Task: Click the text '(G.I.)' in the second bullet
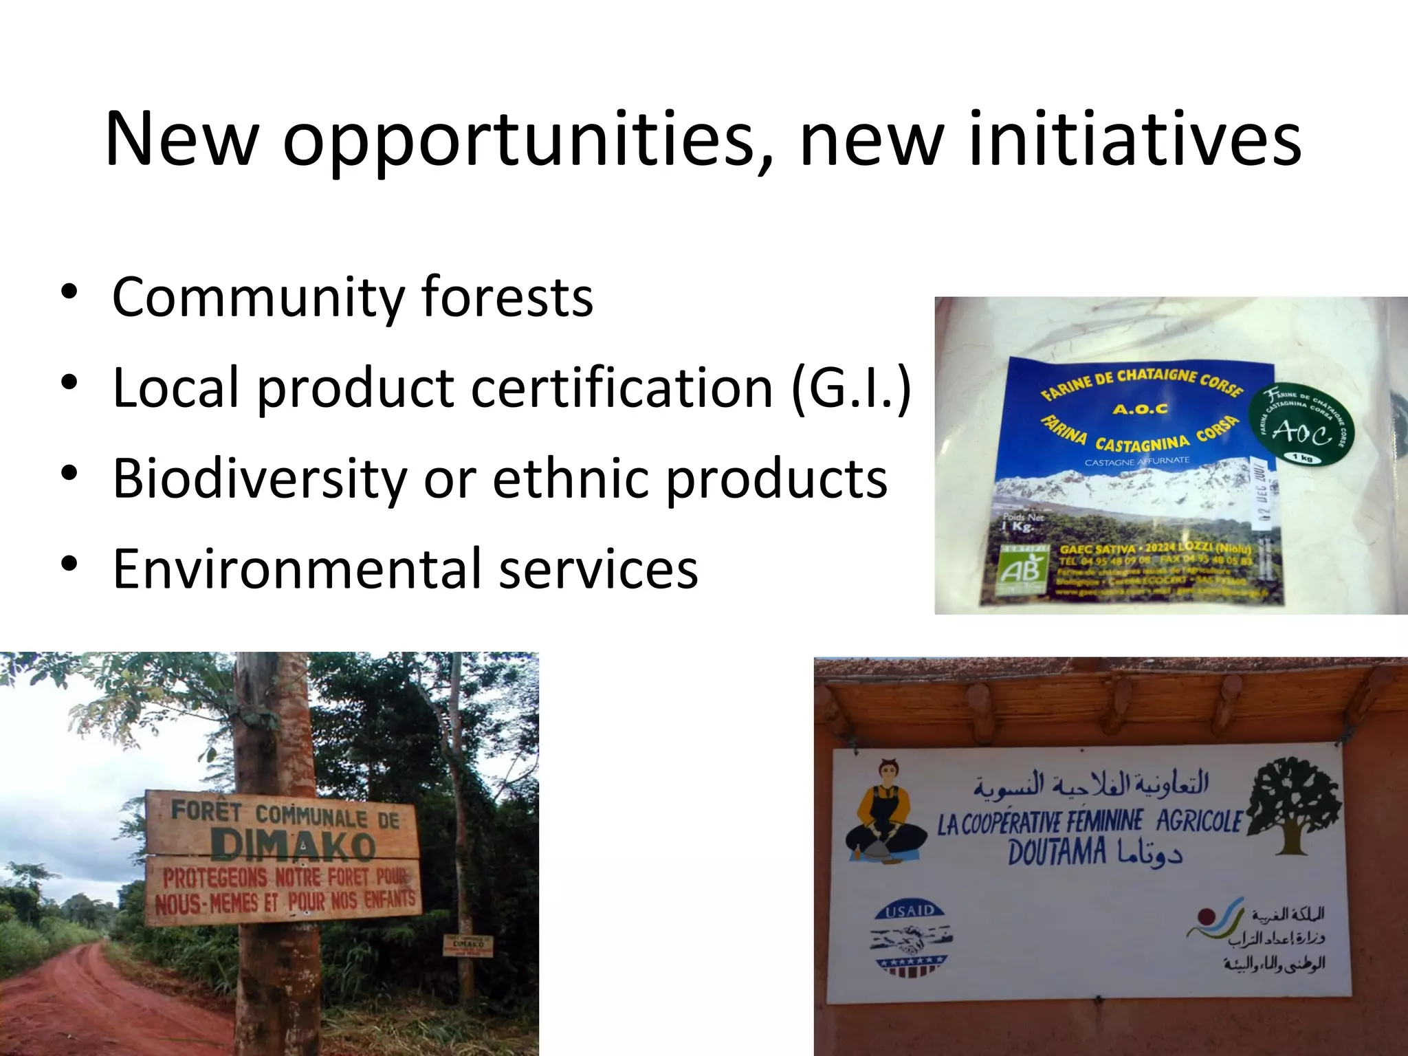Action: click(851, 388)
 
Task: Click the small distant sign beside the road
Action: click(467, 945)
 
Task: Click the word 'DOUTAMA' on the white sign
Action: click(1057, 854)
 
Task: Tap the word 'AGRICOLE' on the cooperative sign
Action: click(1199, 822)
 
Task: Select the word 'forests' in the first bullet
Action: click(507, 297)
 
